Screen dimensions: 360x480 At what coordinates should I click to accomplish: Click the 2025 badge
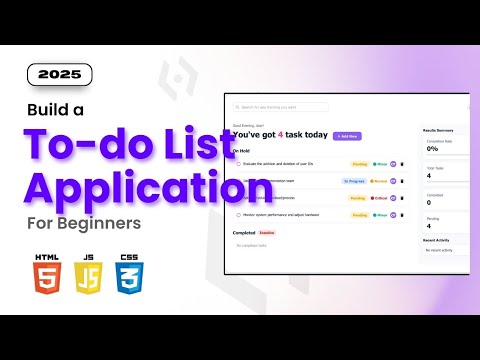point(59,73)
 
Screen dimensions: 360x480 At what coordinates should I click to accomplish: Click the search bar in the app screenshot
point(300,106)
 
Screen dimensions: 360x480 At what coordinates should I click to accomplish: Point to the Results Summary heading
point(441,131)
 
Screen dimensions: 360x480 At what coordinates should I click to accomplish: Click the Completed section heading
point(244,232)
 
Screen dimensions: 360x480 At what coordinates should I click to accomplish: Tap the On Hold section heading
point(241,151)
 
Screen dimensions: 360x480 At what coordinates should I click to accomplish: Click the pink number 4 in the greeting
point(281,135)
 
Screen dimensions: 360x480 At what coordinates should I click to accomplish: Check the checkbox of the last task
point(237,213)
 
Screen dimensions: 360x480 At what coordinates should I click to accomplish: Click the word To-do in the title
point(100,145)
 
